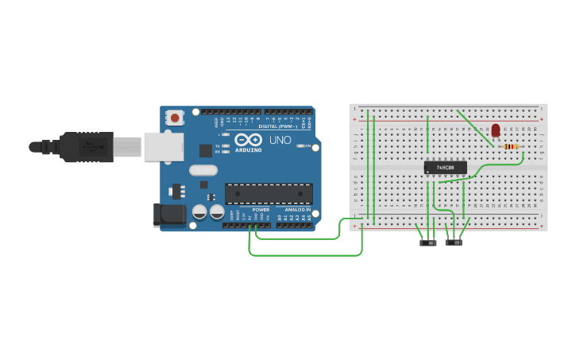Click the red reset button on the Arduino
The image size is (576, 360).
click(x=174, y=118)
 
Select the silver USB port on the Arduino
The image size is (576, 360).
click(x=164, y=147)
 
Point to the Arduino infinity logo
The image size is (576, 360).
click(x=248, y=140)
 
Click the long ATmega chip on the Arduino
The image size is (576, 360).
click(x=269, y=193)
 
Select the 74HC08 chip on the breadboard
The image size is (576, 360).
click(x=445, y=168)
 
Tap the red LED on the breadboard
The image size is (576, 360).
click(x=496, y=130)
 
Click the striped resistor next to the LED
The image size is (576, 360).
click(x=511, y=146)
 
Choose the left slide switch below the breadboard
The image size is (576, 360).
click(x=428, y=242)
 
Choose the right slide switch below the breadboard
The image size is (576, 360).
click(x=454, y=242)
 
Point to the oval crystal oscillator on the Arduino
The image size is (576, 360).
click(x=203, y=169)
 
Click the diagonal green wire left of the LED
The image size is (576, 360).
click(x=474, y=127)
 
